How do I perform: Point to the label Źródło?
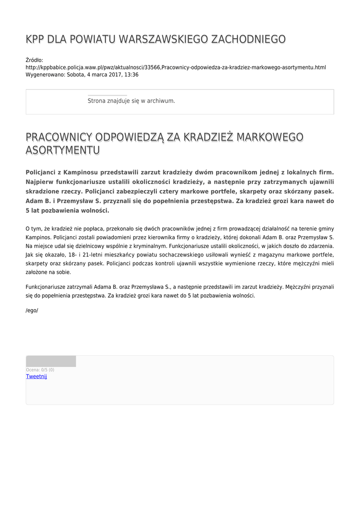pos(34,60)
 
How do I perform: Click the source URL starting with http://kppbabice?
pos(175,67)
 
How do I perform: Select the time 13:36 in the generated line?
pos(132,75)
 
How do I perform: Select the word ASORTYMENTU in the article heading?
pos(63,150)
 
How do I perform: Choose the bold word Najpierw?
pos(42,182)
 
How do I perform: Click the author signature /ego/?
pos(32,311)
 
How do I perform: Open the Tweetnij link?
pos(36,377)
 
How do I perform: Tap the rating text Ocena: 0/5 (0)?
pos(40,370)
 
